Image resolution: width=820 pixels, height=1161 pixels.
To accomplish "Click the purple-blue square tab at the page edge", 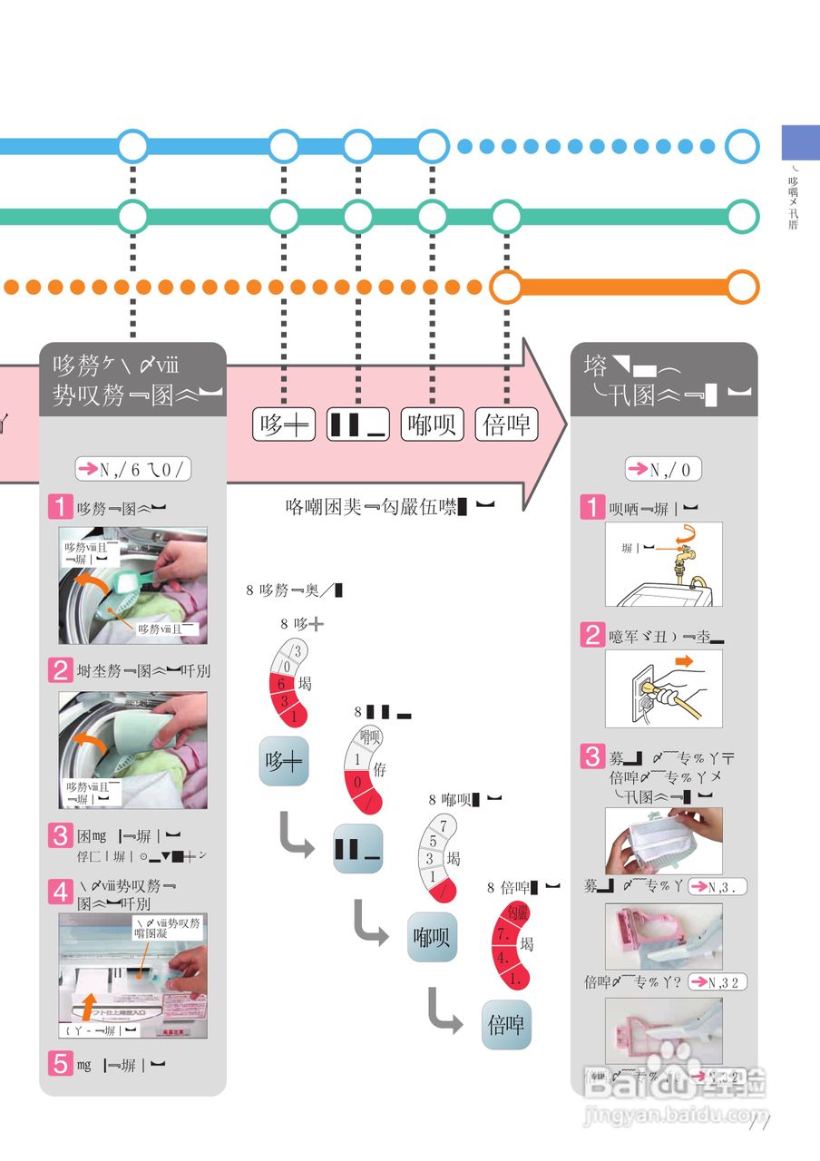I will pos(800,143).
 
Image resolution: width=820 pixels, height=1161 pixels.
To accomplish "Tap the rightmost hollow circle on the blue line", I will pos(743,145).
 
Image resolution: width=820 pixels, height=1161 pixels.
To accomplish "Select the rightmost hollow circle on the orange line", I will pos(743,287).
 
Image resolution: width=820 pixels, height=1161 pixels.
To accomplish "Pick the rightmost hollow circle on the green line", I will pos(743,216).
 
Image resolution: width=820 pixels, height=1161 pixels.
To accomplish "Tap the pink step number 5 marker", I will pos(61,1064).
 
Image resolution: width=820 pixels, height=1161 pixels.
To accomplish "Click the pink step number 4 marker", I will pos(61,893).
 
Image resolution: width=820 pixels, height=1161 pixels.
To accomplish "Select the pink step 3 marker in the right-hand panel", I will pos(593,756).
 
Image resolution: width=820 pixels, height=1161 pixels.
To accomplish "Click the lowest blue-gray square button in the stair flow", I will pos(506,1025).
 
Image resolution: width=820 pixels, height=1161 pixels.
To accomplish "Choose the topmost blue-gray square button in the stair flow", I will pos(285,762).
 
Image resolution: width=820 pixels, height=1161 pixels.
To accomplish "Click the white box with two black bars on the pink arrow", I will pos(358,424).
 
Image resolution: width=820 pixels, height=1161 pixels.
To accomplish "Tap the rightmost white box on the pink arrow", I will pos(506,424).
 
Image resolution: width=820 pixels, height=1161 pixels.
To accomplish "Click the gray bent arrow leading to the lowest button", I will pos(445,1010).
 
